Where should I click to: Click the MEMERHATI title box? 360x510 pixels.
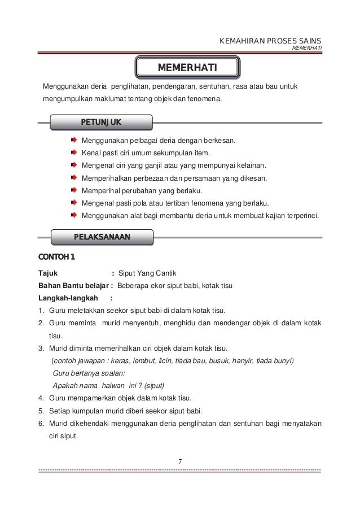[x=187, y=68]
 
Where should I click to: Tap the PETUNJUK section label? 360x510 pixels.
[x=101, y=122]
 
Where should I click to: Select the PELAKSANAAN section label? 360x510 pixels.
[x=102, y=237]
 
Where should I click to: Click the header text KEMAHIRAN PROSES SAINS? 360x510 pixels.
[x=270, y=41]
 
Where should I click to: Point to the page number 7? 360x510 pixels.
[x=179, y=463]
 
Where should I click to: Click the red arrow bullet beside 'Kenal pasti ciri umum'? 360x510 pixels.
[x=74, y=152]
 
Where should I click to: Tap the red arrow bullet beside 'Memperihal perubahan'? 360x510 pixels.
[x=74, y=190]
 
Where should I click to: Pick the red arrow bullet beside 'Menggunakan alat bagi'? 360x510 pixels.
[x=74, y=215]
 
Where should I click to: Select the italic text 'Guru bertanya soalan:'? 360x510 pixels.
[x=89, y=373]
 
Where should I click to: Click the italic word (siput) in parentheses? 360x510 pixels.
[x=154, y=385]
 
